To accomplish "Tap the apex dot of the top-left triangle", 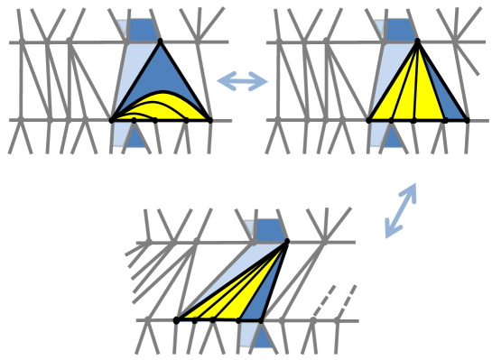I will point(160,42).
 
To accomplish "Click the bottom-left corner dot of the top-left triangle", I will point(111,119).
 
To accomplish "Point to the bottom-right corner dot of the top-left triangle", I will point(209,119).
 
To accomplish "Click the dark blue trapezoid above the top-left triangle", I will point(142,30).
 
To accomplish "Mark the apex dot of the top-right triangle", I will point(418,42).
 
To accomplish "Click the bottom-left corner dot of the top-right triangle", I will point(368,119).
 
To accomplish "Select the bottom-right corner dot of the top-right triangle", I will point(467,119).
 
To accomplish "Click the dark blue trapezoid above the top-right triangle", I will point(399,30).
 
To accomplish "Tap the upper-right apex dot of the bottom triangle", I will point(286,241).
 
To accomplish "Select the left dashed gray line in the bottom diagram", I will point(321,302).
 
